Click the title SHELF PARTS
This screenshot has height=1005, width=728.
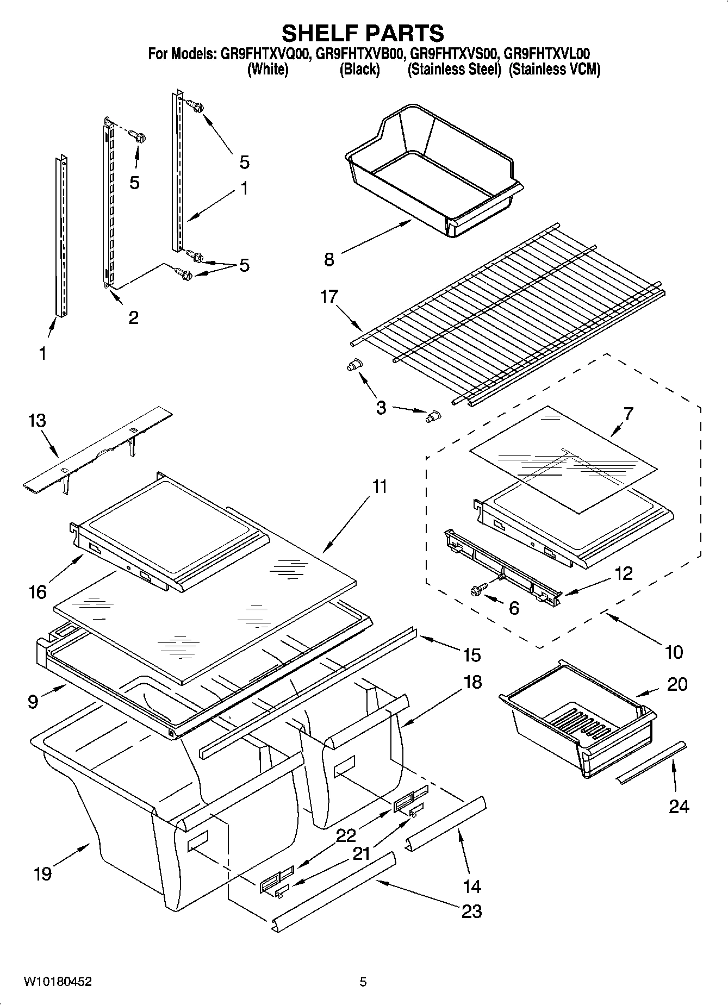coord(363,33)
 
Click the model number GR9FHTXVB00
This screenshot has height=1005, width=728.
coord(359,54)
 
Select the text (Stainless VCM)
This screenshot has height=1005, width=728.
coord(554,70)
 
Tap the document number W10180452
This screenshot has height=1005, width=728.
coord(57,982)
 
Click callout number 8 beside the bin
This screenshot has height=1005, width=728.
coord(329,259)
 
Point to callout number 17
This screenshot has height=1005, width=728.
coord(329,296)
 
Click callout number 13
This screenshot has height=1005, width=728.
coord(38,421)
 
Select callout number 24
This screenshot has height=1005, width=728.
coord(679,806)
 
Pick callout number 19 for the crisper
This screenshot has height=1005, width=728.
coord(42,873)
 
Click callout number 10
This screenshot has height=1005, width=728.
coord(674,652)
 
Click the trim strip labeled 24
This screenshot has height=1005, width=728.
coord(651,762)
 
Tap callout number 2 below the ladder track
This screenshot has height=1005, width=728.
coord(133,317)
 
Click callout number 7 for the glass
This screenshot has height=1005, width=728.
coord(627,414)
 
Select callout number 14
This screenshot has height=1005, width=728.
coord(471,887)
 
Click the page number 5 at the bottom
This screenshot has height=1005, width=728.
coord(363,982)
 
